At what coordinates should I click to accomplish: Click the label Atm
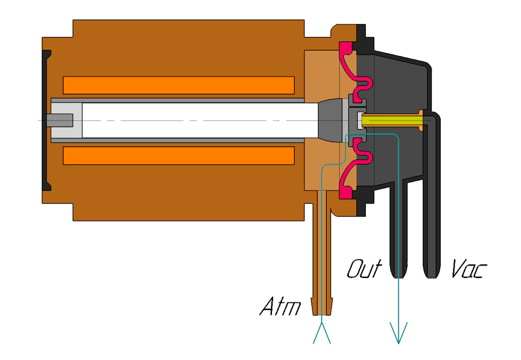279,307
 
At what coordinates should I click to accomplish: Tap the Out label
364,269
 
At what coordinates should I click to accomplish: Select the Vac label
468,269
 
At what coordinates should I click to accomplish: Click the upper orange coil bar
179,85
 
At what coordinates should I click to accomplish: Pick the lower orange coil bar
179,155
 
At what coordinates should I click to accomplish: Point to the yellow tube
391,119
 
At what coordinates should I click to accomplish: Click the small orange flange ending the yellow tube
422,119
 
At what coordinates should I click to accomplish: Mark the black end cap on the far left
46,119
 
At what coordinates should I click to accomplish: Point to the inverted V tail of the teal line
322,332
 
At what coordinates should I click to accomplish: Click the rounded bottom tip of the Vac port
431,271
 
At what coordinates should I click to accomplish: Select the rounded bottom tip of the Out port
399,271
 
